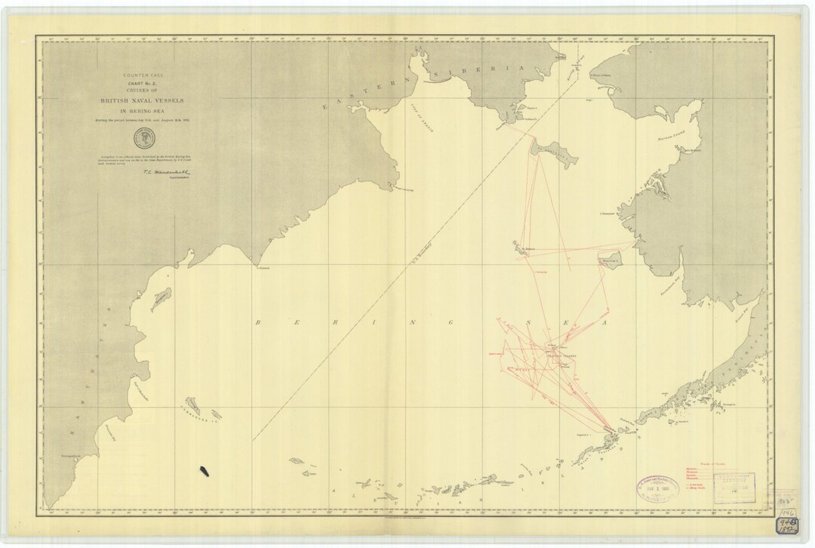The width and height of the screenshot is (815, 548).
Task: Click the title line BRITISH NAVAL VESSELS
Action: (141, 100)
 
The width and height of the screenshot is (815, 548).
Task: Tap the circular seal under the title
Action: (141, 137)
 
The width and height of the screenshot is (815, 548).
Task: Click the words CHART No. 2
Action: (141, 83)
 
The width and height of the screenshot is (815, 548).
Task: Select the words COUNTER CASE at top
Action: (141, 75)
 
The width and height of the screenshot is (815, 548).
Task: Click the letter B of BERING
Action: (259, 322)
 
